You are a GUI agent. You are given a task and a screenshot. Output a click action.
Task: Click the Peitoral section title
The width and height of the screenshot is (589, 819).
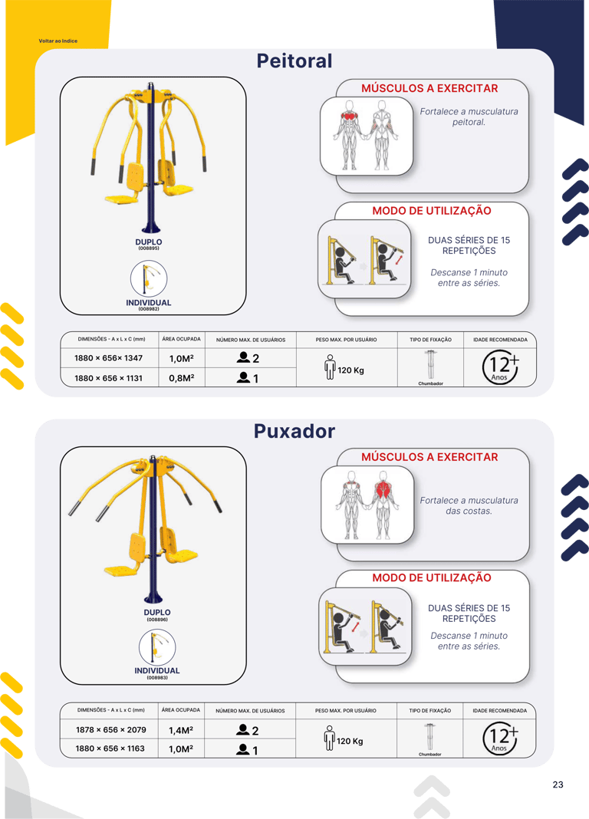coord(294,61)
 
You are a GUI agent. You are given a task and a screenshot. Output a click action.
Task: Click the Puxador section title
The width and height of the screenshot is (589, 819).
coord(294,431)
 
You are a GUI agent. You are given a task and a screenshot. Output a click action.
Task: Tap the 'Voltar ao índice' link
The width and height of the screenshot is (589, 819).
coord(58,41)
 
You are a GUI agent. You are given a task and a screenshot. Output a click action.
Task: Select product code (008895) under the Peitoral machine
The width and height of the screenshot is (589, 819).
coord(149,248)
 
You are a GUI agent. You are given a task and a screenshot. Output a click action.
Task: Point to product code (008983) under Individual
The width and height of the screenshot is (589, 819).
coord(157,678)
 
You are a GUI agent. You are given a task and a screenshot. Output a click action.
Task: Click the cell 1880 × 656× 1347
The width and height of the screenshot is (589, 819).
coord(108,358)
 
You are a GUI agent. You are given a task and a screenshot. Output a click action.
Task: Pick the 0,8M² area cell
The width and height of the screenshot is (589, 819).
coord(182,378)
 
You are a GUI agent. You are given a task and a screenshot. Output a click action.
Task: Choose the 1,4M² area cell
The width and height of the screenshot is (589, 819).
coord(181,730)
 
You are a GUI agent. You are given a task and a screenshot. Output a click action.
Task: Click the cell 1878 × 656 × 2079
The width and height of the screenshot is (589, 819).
coord(110,730)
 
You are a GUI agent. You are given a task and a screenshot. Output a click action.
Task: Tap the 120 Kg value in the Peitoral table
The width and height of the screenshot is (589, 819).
coord(350,370)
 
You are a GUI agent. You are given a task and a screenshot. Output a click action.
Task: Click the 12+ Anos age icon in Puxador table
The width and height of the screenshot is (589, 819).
coord(500,739)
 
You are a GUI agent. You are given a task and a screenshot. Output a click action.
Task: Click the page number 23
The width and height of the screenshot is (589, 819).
coord(558,784)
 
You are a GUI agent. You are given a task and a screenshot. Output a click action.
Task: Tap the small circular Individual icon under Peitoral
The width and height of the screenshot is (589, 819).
coord(149,278)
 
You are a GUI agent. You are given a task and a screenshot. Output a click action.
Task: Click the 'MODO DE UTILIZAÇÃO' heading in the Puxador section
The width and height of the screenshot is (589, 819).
coord(432,578)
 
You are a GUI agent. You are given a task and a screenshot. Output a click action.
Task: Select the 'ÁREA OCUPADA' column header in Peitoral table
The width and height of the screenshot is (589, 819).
coord(181,339)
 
